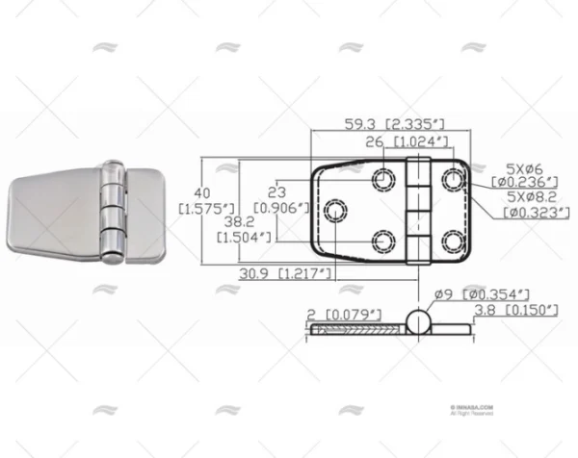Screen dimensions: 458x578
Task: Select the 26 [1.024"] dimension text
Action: (409, 141)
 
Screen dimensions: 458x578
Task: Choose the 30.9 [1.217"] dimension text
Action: (275, 273)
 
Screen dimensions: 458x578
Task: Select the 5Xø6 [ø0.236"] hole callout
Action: (524, 173)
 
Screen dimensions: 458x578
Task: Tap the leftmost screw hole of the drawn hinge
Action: (336, 209)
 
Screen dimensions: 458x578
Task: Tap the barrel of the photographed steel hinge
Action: (113, 213)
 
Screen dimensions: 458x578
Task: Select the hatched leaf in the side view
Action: (356, 330)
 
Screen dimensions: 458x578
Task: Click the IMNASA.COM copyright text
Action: (472, 410)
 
